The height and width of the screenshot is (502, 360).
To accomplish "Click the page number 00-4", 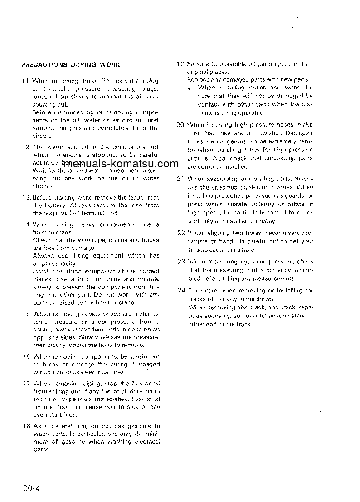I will point(33,488).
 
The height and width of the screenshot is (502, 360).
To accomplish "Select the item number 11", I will point(26,81).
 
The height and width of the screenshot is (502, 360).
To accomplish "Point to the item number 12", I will point(26,147).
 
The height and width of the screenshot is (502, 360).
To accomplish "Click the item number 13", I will point(26,197).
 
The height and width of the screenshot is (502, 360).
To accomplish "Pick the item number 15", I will point(26,313).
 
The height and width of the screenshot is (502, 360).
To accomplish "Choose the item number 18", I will point(26,426).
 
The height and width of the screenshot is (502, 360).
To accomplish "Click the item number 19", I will point(180,64).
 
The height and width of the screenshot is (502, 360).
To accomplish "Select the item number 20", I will point(180,125).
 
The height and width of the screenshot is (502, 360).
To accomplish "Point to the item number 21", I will point(180,179).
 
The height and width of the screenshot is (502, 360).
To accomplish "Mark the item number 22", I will point(180,233).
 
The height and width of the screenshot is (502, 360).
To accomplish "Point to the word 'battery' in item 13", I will point(54,205).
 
